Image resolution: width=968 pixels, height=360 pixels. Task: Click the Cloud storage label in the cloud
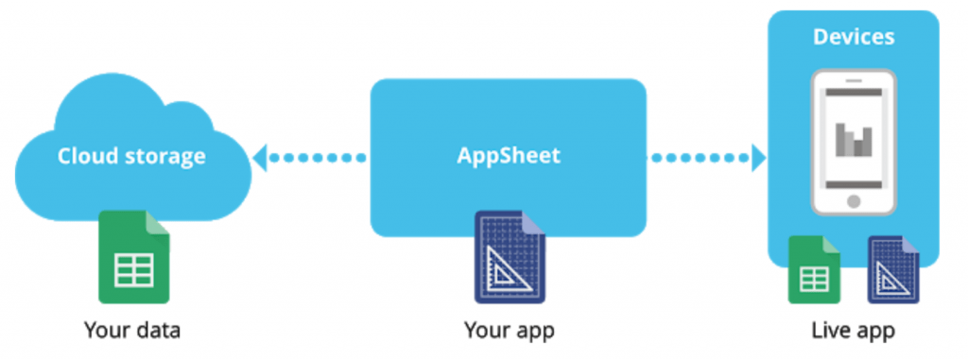click(x=131, y=157)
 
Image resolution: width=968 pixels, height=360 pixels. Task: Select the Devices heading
click(x=854, y=38)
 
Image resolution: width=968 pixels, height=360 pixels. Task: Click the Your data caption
click(x=131, y=331)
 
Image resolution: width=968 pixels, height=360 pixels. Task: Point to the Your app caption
click(x=509, y=331)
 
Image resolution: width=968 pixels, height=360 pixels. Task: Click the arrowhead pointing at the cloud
click(x=259, y=157)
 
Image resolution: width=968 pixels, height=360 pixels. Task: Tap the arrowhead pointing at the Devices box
click(x=757, y=157)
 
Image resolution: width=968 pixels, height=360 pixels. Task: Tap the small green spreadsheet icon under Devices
click(x=815, y=270)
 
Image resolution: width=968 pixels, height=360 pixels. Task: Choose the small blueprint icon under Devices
click(x=893, y=270)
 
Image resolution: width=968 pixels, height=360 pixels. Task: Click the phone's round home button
click(x=854, y=201)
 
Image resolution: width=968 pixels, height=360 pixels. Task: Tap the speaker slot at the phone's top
click(x=854, y=93)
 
